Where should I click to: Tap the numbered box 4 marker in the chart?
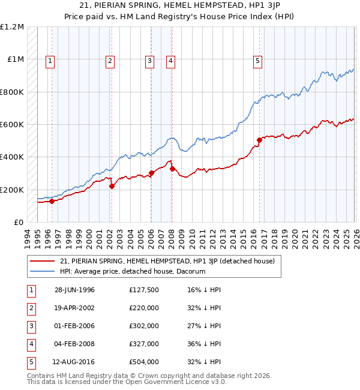pyautogui.click(x=171, y=60)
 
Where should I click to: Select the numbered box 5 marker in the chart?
pyautogui.click(x=257, y=60)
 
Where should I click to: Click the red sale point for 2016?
pyautogui.click(x=260, y=140)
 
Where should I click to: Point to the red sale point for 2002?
pyautogui.click(x=112, y=187)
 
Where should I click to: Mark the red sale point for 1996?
pyautogui.click(x=52, y=202)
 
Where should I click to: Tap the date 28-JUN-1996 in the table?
pyautogui.click(x=74, y=290)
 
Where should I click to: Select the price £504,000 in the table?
pyautogui.click(x=143, y=362)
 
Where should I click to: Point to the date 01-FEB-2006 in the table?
pyautogui.click(x=74, y=326)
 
